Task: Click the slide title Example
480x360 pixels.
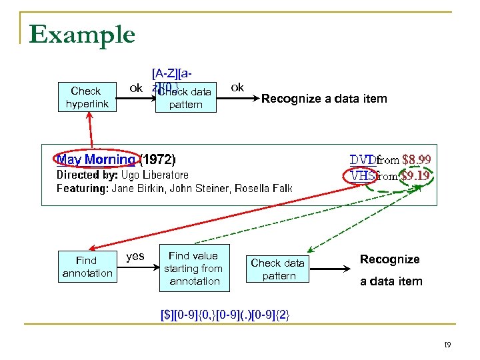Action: point(82,35)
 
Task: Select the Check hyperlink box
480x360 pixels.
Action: point(85,97)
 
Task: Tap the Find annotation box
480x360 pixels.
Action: point(87,267)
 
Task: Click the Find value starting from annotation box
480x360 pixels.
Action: point(193,268)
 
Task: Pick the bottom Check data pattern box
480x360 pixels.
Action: point(279,269)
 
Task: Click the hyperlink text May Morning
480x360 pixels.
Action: point(96,159)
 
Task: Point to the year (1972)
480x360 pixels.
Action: point(157,159)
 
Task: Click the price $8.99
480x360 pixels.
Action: point(416,159)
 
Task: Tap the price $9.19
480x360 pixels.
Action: point(416,176)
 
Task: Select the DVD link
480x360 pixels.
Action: point(363,159)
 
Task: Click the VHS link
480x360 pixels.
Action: point(363,176)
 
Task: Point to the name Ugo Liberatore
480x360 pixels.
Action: point(155,175)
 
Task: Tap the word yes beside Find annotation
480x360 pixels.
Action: point(135,256)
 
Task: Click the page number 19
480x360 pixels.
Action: point(447,345)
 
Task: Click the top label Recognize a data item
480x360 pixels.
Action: point(324,99)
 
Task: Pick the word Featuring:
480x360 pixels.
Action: point(82,189)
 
